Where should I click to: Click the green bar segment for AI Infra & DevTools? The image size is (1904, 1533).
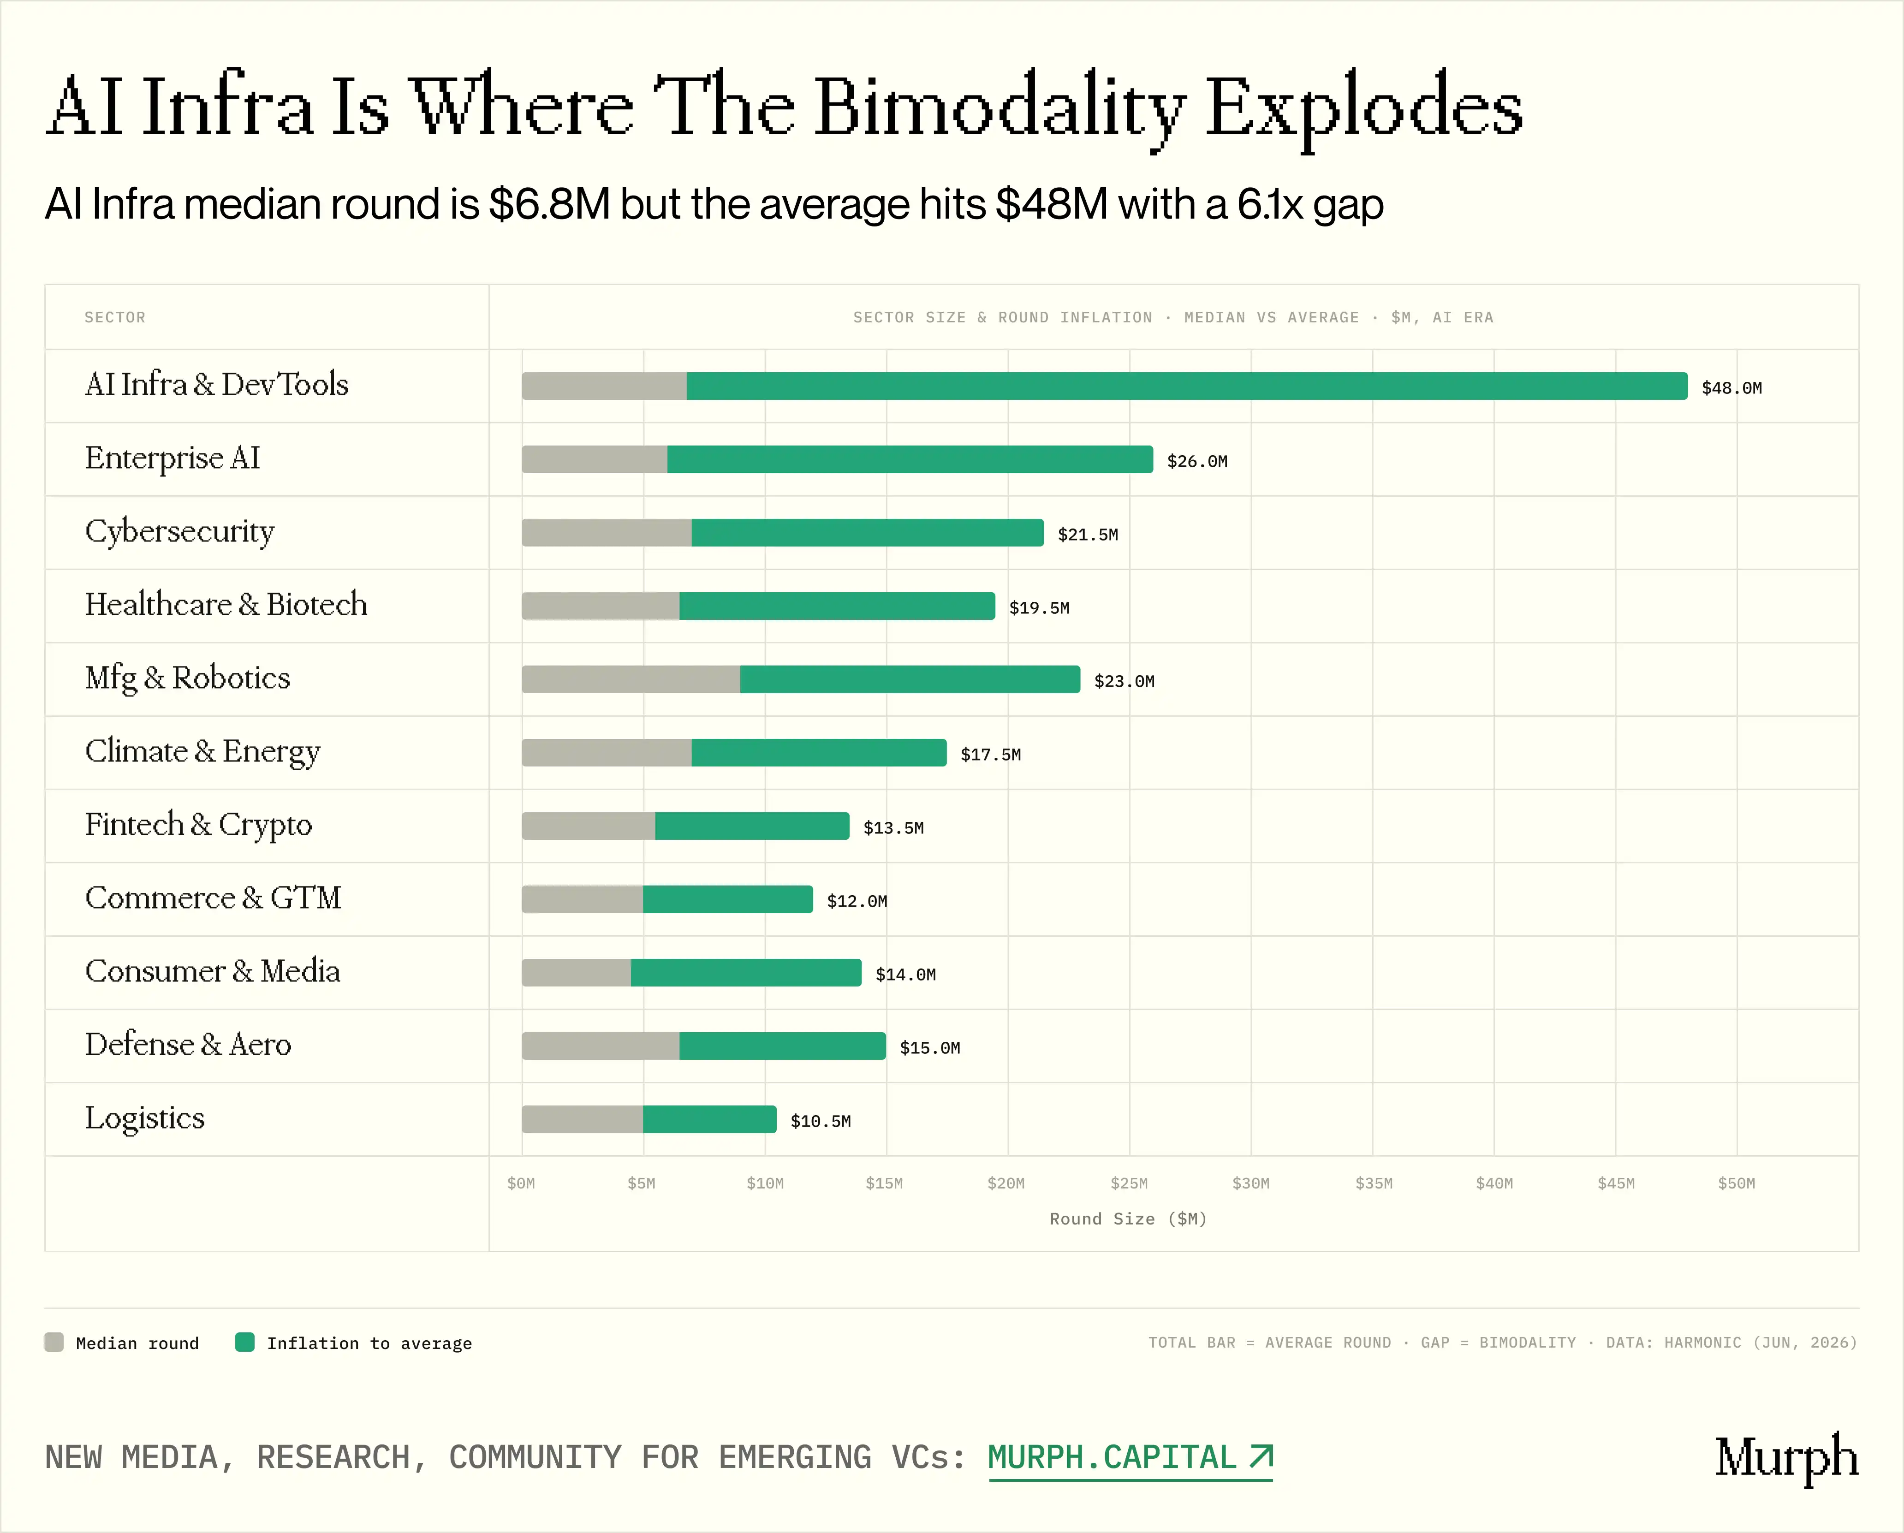click(1187, 386)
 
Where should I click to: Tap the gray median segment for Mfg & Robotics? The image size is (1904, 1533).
click(631, 679)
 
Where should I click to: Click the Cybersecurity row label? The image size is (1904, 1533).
click(179, 532)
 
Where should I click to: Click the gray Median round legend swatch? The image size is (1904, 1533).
click(54, 1342)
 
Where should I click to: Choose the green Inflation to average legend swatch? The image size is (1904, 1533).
click(244, 1342)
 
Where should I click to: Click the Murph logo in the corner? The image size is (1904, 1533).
click(1786, 1458)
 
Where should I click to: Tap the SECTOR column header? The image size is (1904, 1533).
click(115, 317)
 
